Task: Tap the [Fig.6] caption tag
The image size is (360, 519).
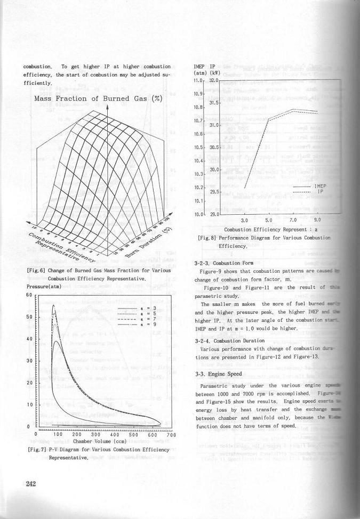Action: click(35, 271)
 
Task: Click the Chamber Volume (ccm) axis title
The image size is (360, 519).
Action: click(100, 442)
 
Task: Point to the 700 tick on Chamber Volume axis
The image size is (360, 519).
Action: click(171, 435)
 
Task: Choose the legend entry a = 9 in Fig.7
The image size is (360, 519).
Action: click(151, 324)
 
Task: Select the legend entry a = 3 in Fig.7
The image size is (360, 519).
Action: click(151, 309)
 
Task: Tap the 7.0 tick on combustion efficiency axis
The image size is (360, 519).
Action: click(293, 220)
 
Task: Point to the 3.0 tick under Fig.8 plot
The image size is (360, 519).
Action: click(245, 220)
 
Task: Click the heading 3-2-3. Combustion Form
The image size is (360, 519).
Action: click(219, 263)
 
